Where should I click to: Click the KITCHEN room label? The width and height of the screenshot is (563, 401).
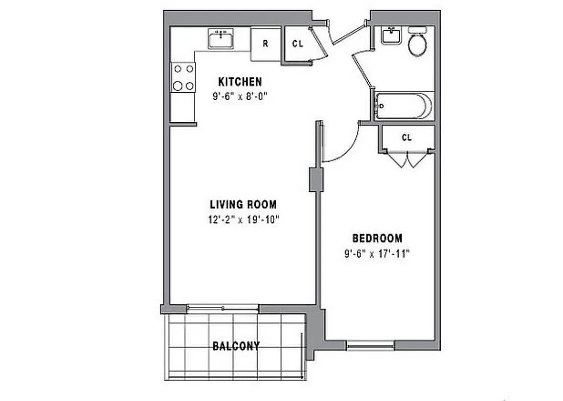click(x=240, y=82)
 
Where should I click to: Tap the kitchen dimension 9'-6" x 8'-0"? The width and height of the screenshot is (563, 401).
click(x=240, y=96)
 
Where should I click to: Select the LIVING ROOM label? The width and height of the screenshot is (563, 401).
click(x=243, y=205)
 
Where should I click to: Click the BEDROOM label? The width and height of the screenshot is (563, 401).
click(x=377, y=239)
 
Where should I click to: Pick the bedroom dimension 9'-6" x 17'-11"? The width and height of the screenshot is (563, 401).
click(x=377, y=253)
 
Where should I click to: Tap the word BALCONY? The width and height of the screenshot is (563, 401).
click(x=236, y=346)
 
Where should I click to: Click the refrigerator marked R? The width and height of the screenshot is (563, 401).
click(x=266, y=44)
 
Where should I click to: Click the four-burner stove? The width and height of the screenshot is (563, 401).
click(x=183, y=78)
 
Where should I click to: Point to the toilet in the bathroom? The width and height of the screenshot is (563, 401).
click(x=418, y=43)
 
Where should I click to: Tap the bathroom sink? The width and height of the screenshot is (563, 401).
click(x=391, y=36)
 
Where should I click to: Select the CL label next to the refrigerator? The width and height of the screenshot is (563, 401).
click(x=298, y=44)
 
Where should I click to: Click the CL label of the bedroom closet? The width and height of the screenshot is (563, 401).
click(x=407, y=137)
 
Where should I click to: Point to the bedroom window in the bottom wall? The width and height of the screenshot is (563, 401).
click(x=370, y=345)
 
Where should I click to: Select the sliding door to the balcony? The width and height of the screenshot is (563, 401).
click(x=223, y=307)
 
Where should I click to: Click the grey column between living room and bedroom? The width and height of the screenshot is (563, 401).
click(x=316, y=180)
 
